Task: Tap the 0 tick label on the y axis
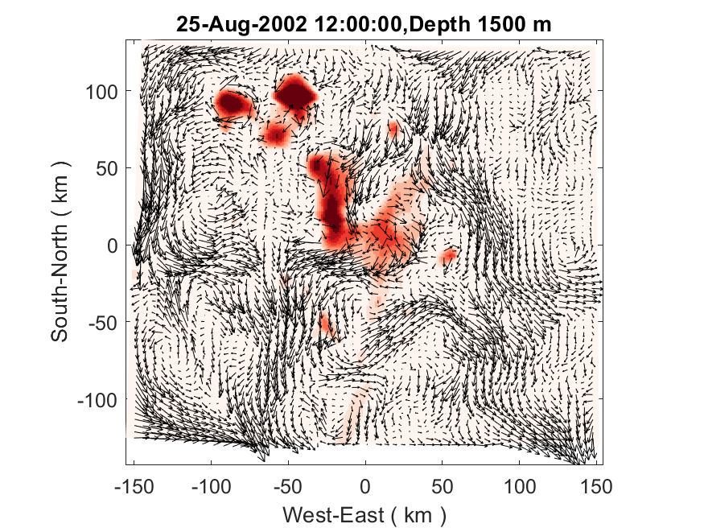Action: pos(112,245)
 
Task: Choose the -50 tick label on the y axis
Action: pos(103,323)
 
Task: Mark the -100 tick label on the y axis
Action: pos(98,400)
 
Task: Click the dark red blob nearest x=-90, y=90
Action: pos(232,103)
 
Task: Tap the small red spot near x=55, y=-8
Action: pos(448,257)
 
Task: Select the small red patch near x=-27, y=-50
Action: pos(325,323)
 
